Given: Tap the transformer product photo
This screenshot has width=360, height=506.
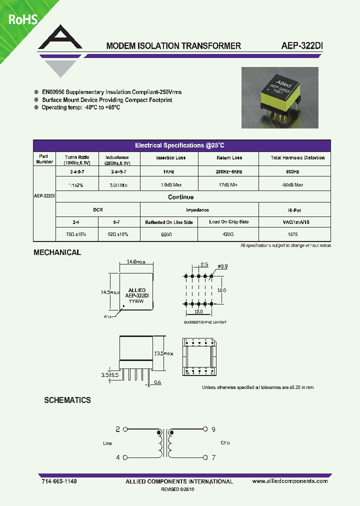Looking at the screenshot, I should click(280, 96).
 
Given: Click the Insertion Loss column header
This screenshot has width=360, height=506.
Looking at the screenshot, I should click(170, 158).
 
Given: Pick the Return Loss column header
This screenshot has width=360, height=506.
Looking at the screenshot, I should click(229, 158).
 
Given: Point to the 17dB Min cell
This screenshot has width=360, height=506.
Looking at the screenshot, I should click(229, 184).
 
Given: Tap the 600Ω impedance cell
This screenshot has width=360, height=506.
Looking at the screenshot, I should click(169, 233).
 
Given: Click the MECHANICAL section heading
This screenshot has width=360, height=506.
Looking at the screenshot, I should click(57, 252).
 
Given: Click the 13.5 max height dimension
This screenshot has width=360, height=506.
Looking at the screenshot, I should click(163, 353).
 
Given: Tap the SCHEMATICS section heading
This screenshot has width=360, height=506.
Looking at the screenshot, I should click(67, 400).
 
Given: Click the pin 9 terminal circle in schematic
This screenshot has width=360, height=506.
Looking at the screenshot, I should click(205, 429).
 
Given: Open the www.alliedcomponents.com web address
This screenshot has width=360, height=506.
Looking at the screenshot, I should click(290, 481).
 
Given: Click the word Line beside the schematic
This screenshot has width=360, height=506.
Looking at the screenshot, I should click(107, 443).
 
